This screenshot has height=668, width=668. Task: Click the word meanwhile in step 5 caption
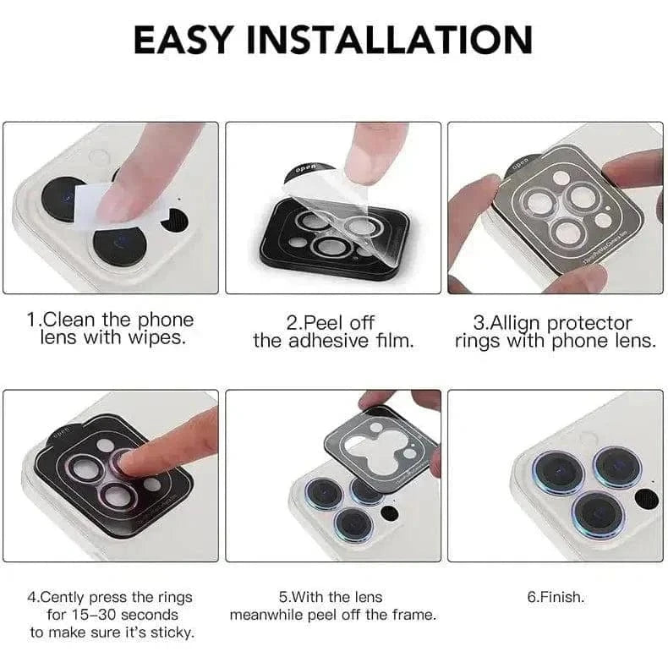(270, 615)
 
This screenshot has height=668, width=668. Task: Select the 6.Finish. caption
(556, 597)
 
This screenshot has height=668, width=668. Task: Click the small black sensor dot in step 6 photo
(646, 499)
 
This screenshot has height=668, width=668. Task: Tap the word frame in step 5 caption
(413, 615)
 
